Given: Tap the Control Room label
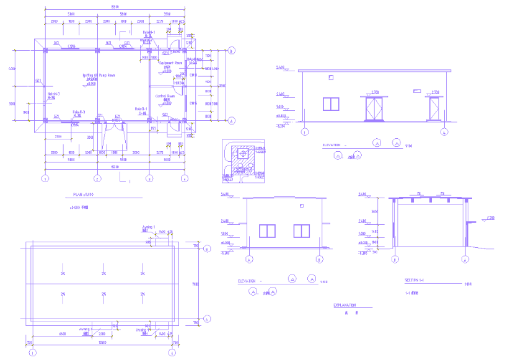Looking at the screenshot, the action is (165, 96).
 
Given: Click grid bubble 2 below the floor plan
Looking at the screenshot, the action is (97, 178).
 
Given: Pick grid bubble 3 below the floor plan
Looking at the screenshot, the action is (149, 178).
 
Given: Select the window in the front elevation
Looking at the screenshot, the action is (332, 103).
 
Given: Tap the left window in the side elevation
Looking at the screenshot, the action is (267, 230).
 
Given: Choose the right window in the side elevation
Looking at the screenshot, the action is (301, 230).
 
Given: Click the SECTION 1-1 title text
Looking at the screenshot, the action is (414, 280).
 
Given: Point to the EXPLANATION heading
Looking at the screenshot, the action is (345, 305).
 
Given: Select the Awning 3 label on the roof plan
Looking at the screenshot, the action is (86, 330).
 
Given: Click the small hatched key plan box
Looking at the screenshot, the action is (242, 160).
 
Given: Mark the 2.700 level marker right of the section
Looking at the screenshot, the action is (490, 218).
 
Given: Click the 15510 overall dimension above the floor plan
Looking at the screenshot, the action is (115, 7).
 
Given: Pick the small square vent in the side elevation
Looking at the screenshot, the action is (301, 205).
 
